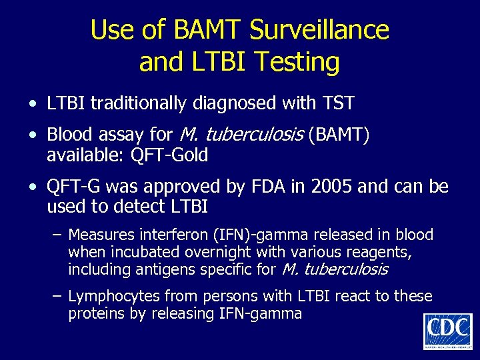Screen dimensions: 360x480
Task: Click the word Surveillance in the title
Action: coord(320,30)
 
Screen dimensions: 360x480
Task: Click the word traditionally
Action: coord(144,103)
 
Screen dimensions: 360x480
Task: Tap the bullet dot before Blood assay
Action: coord(33,135)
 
